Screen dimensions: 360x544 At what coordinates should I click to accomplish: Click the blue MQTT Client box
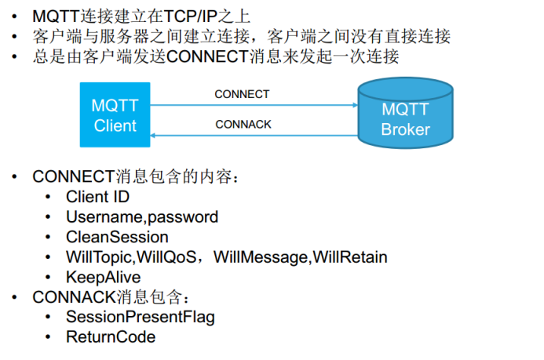[x=115, y=115]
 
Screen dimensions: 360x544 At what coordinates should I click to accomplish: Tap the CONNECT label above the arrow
[x=242, y=94]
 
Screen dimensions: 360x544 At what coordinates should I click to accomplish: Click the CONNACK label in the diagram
[x=243, y=124]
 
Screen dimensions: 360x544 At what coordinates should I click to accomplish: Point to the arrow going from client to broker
[x=251, y=105]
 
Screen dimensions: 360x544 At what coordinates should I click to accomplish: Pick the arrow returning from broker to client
[x=251, y=136]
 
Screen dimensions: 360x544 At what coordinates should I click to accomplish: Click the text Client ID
[x=97, y=197]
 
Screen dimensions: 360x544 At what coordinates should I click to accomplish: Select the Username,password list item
[x=142, y=217]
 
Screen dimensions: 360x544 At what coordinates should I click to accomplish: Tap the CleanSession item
[x=117, y=237]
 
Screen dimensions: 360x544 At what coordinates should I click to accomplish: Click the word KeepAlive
[x=103, y=277]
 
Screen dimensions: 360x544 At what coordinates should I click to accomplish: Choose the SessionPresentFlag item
[x=140, y=317]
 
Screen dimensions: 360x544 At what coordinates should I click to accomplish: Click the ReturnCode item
[x=111, y=337]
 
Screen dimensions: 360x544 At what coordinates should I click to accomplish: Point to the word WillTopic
[x=100, y=257]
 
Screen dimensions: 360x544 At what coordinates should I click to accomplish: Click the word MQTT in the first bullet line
[x=54, y=15]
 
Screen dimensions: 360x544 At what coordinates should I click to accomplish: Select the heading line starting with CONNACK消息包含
[x=111, y=297]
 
